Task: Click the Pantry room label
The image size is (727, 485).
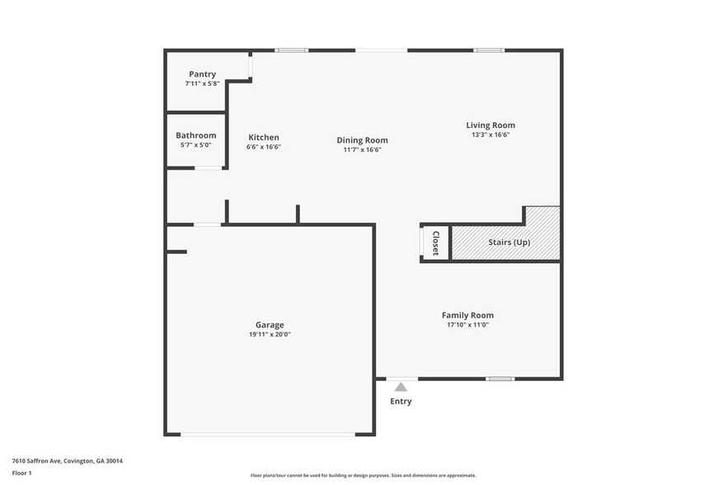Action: click(202, 74)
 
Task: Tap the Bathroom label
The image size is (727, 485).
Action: click(196, 135)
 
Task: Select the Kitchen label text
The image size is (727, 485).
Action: click(264, 138)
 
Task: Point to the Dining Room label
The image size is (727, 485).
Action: click(362, 140)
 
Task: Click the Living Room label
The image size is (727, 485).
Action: click(490, 125)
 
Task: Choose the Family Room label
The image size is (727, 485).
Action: click(467, 315)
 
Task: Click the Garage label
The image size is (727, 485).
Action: click(270, 325)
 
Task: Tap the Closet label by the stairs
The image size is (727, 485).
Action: click(436, 243)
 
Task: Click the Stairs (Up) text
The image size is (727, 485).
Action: click(509, 242)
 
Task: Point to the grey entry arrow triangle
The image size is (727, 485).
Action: click(401, 386)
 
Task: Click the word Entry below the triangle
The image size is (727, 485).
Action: click(401, 402)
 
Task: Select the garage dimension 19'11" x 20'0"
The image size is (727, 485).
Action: click(270, 334)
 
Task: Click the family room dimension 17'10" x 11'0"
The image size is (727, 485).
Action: click(467, 325)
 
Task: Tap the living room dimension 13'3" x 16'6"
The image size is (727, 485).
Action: click(490, 134)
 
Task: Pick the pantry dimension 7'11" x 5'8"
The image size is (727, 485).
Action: click(202, 83)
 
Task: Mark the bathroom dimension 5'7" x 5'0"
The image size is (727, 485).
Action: click(196, 145)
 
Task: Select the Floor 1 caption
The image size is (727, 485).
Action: click(21, 473)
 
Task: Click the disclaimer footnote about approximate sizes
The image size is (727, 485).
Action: click(363, 475)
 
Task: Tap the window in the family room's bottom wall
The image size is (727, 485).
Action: click(500, 379)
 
